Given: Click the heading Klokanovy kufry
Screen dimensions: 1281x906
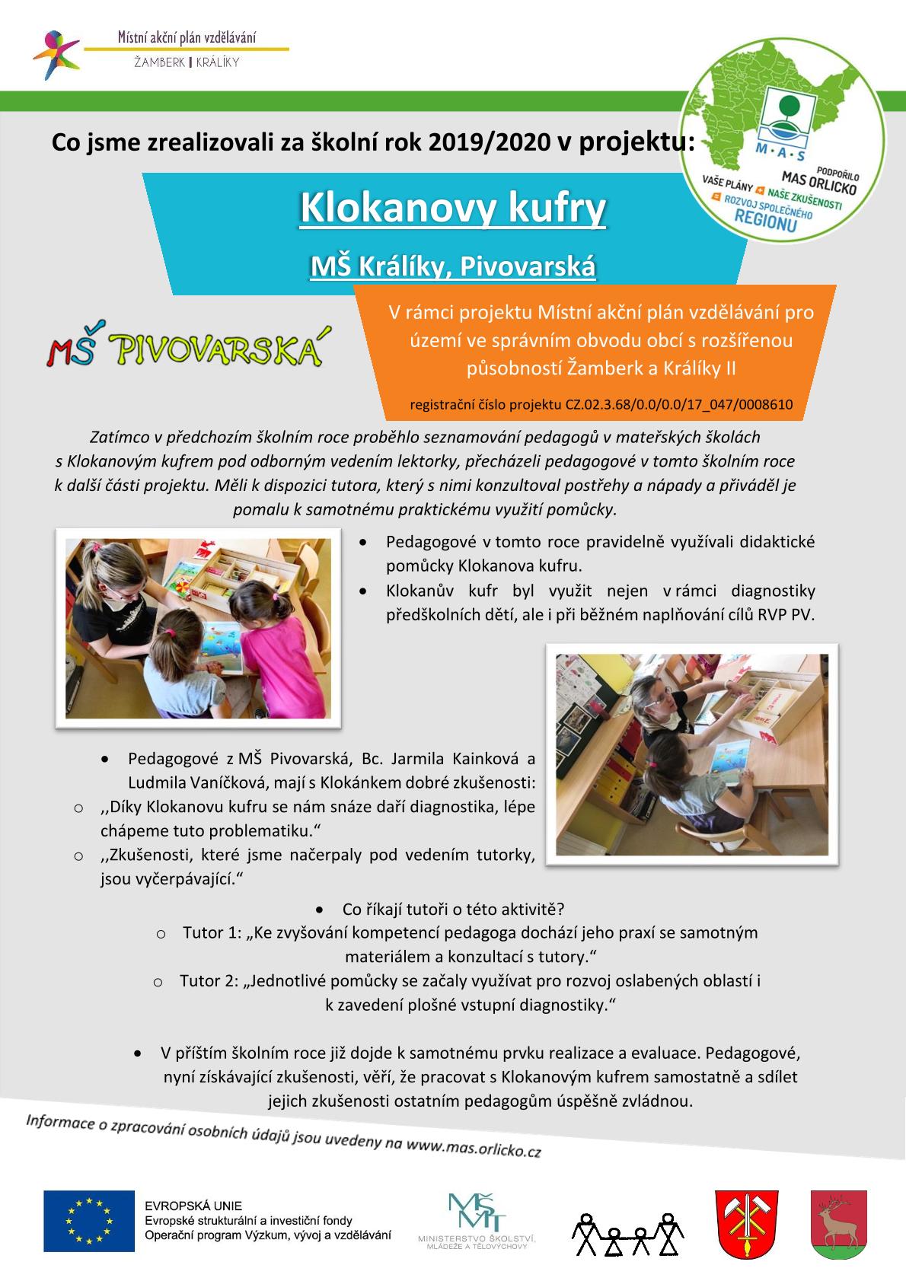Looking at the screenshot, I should pyautogui.click(x=453, y=207).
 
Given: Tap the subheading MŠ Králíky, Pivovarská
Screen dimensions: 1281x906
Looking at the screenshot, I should pyautogui.click(x=453, y=266).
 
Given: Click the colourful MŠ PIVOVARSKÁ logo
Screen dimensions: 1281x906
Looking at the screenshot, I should pyautogui.click(x=183, y=349).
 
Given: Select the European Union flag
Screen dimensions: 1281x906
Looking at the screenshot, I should pyautogui.click(x=88, y=1220).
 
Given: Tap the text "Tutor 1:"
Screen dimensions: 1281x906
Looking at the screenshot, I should pyautogui.click(x=212, y=932).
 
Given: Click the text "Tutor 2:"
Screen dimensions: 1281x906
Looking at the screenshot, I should pyautogui.click(x=209, y=981).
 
